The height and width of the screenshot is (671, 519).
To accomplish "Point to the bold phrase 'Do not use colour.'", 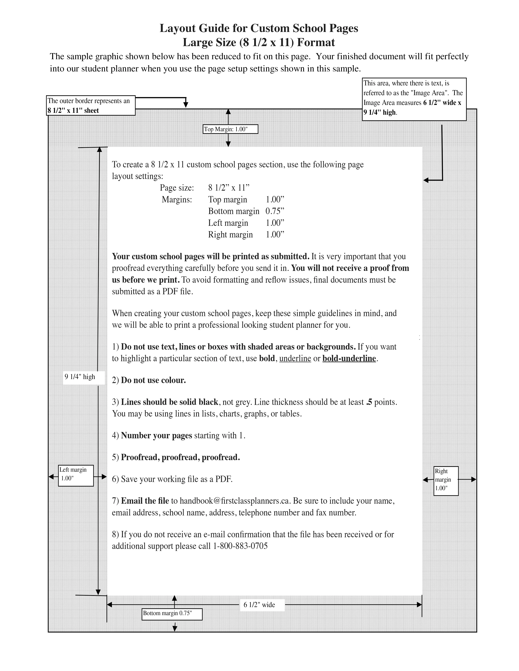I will [x=153, y=380].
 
